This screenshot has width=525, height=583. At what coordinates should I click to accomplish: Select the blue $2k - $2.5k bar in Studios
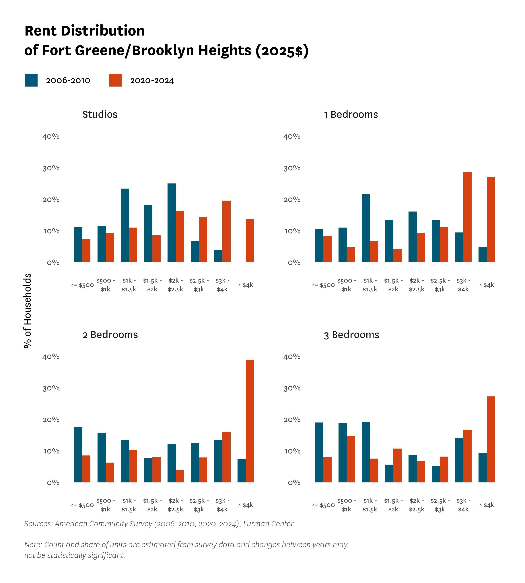[172, 223]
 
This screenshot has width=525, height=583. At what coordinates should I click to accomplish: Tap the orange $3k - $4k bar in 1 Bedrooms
[467, 217]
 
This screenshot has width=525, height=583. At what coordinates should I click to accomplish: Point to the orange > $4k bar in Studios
[250, 241]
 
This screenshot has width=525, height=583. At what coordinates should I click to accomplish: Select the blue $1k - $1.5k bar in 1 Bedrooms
[366, 228]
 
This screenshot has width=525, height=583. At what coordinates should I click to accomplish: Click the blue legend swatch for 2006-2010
[31, 80]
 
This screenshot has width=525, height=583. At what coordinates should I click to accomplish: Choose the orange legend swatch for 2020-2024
[115, 80]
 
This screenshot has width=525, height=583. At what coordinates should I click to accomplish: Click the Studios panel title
[100, 114]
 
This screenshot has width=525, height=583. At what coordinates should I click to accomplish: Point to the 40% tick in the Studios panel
[51, 136]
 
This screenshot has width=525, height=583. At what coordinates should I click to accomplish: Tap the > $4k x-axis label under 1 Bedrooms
[487, 285]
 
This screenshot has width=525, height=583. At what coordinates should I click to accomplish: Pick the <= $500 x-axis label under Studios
[83, 285]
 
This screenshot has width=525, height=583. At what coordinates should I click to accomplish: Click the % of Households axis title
[27, 311]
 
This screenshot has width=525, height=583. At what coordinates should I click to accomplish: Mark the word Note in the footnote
[33, 545]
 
